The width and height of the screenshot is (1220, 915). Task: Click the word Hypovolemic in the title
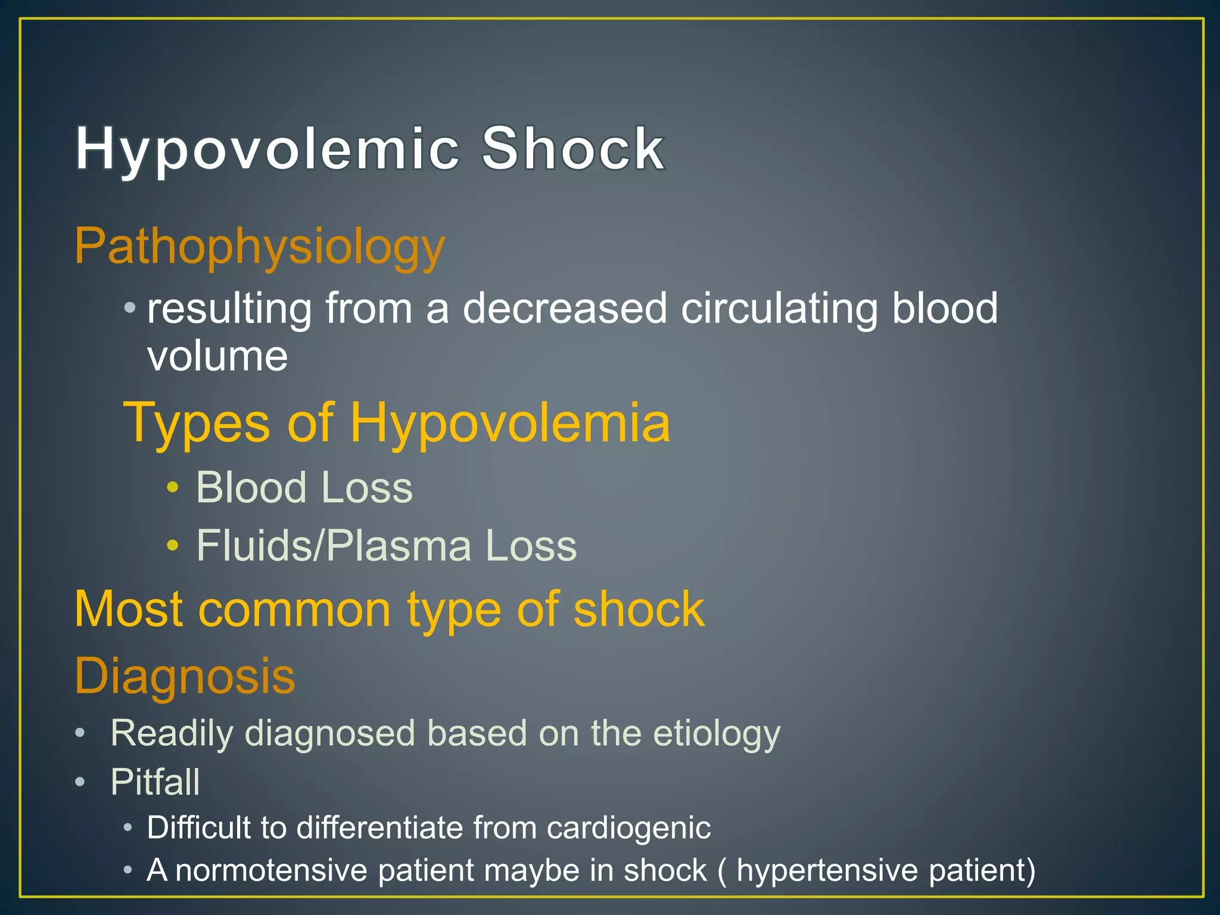click(267, 149)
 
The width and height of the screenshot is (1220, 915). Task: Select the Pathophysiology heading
click(260, 247)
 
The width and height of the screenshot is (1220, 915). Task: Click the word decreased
click(565, 309)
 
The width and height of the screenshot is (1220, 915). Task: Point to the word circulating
click(779, 309)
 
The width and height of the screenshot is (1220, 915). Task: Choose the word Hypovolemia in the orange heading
click(510, 422)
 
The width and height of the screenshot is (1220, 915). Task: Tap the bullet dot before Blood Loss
click(173, 487)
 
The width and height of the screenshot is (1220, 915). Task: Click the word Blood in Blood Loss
click(251, 487)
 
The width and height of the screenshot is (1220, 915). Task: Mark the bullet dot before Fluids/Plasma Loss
click(173, 545)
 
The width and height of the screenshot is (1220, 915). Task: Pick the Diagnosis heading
click(185, 676)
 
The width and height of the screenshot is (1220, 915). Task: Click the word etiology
click(716, 733)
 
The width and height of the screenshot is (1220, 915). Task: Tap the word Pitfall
click(155, 782)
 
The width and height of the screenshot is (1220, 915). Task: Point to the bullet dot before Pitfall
click(80, 782)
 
